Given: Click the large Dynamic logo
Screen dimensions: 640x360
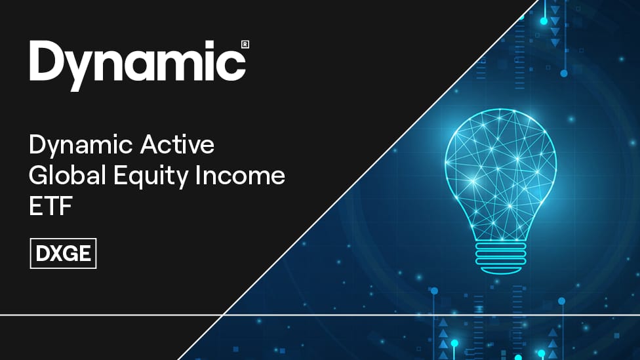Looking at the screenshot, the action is tap(138, 66).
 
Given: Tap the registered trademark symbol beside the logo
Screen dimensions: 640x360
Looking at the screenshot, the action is tap(245, 45).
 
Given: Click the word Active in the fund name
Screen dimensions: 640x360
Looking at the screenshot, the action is tap(177, 144).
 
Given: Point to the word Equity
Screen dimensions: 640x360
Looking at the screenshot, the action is tap(151, 176).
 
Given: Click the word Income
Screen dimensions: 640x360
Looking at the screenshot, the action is tap(240, 175).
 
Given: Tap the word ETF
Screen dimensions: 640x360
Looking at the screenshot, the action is tap(50, 206).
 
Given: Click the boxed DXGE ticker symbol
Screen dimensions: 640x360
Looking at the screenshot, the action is tap(63, 254).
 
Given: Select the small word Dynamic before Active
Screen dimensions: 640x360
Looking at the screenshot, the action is tap(81, 146).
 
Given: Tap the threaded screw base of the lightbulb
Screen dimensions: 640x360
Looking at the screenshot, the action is tap(501, 254).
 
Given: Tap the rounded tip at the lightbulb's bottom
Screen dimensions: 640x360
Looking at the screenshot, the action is tap(500, 270).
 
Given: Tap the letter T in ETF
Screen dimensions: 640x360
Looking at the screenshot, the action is tap(50, 206).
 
